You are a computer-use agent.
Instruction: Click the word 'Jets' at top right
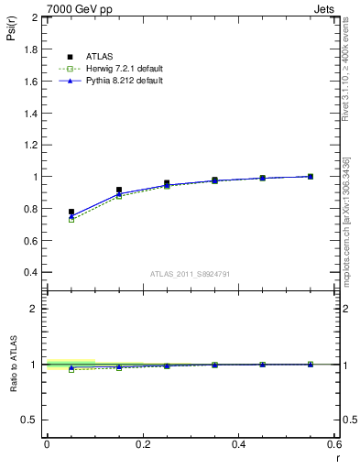click(327, 7)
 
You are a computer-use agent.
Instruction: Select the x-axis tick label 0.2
click(142, 444)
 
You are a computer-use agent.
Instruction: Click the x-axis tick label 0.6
click(334, 444)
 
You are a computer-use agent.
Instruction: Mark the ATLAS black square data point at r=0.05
click(71, 212)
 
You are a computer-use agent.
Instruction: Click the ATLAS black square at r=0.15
click(119, 190)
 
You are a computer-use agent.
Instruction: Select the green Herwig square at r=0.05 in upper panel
click(71, 220)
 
